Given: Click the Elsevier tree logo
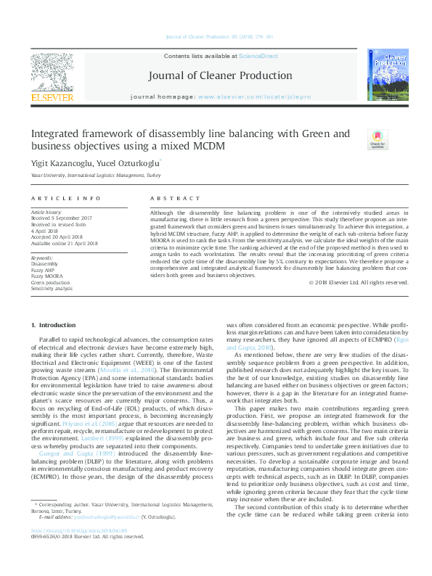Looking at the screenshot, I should point(52,72).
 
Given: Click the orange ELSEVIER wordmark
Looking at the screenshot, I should point(52,96).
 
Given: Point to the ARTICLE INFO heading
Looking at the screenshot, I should point(66,199).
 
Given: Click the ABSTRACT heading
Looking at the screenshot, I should point(175,199).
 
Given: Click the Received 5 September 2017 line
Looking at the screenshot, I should point(61,217).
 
